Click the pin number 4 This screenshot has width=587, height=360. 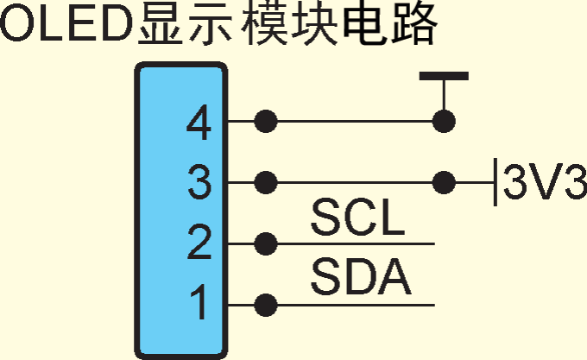199,126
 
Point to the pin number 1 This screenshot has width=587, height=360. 199,304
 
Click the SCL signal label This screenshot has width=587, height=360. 357,219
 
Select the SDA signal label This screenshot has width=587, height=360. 360,279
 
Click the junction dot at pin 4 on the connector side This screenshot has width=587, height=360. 267,122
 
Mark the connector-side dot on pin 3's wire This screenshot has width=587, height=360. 267,182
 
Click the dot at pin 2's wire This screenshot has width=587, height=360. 267,244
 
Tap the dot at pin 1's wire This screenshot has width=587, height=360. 267,305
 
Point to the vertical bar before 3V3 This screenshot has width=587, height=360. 495,182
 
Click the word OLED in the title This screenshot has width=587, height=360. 66,26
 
